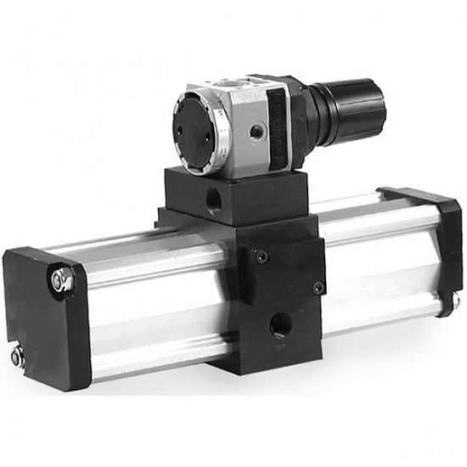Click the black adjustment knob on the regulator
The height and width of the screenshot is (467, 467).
tap(357, 110)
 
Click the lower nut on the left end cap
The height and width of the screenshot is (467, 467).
tap(18, 357)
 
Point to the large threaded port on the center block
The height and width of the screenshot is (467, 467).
tap(279, 324)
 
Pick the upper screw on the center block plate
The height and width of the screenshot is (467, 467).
tap(262, 256)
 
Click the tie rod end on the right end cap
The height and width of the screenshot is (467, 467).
tap(456, 300)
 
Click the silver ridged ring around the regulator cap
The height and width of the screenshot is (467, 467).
tap(218, 136)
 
